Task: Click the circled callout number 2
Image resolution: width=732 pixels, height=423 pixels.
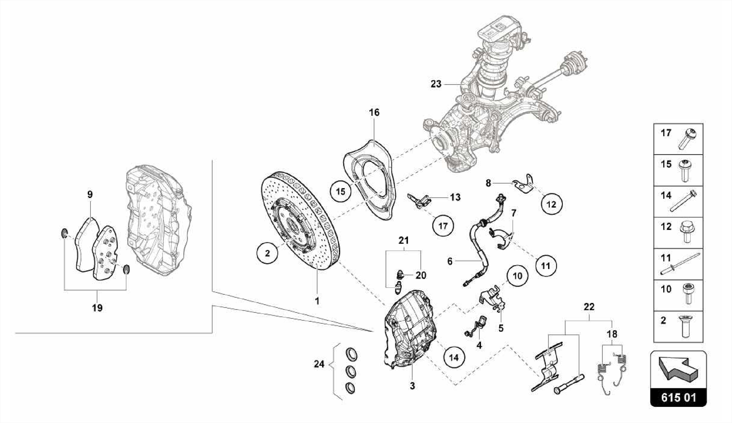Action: click(x=267, y=253)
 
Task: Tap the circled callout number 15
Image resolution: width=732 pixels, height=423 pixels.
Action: click(x=340, y=192)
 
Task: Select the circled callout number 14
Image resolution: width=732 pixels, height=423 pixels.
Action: click(x=454, y=357)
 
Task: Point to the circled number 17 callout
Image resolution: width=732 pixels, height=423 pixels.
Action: click(x=442, y=226)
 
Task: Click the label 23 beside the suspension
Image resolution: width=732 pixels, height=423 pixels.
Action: click(x=436, y=84)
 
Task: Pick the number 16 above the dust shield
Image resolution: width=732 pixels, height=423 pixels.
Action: click(x=374, y=112)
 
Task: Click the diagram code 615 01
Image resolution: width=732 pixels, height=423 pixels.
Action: click(x=678, y=398)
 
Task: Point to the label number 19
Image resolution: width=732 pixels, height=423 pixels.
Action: click(x=97, y=308)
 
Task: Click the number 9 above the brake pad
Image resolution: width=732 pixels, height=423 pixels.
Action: click(x=90, y=195)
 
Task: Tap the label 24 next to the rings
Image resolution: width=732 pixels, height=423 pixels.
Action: click(x=319, y=364)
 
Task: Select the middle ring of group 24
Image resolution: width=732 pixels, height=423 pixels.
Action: click(x=351, y=372)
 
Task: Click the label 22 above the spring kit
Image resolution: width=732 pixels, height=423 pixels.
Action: click(x=589, y=307)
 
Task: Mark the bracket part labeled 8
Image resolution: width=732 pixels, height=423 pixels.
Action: click(x=524, y=183)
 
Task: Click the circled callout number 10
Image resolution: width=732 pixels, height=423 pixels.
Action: click(x=517, y=276)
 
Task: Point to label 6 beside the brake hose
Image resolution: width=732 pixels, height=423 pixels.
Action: click(x=450, y=261)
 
